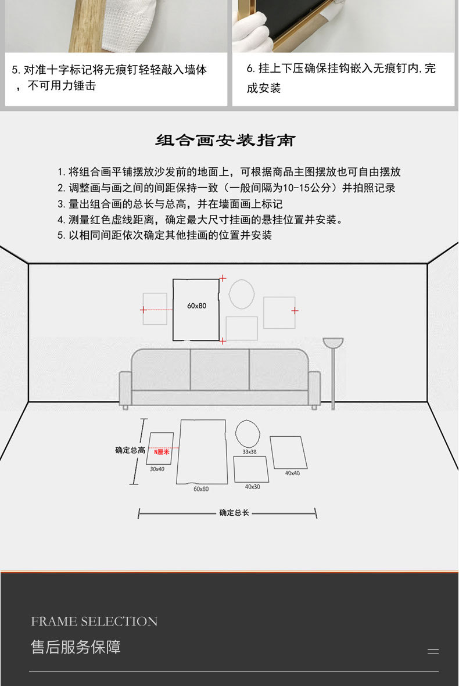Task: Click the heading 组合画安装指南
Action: (x=226, y=141)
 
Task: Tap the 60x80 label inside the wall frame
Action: (x=196, y=306)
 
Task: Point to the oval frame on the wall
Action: (x=241, y=294)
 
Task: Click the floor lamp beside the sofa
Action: (x=333, y=372)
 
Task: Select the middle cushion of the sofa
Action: (x=220, y=369)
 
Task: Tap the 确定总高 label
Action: (x=130, y=450)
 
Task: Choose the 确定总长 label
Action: (x=234, y=513)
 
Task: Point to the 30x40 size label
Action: (x=157, y=469)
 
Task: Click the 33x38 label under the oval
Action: (x=249, y=451)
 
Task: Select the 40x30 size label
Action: (x=252, y=487)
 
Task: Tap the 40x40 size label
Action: (x=292, y=473)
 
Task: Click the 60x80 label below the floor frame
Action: (x=201, y=489)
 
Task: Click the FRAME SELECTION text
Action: (x=94, y=622)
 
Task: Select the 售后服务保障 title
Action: (x=76, y=647)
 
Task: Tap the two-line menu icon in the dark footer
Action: (x=433, y=652)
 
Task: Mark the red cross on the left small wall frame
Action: (x=144, y=310)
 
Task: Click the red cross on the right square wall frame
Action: (x=295, y=311)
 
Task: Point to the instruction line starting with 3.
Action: (x=170, y=204)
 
